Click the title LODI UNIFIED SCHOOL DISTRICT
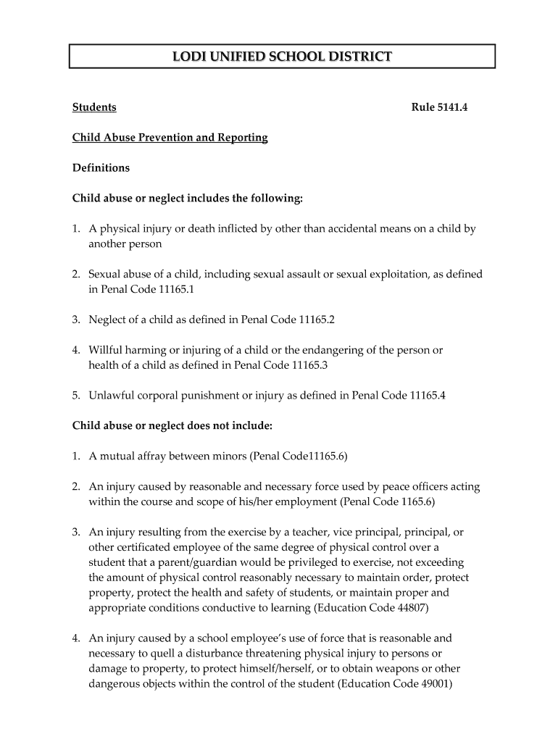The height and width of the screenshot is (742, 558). [282, 56]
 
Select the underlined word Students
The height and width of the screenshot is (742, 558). [94, 107]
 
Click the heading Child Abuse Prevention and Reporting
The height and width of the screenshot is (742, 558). [170, 137]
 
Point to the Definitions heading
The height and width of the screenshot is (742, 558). [101, 168]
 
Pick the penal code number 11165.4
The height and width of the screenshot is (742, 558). [428, 396]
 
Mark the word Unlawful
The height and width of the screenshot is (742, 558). [111, 396]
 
